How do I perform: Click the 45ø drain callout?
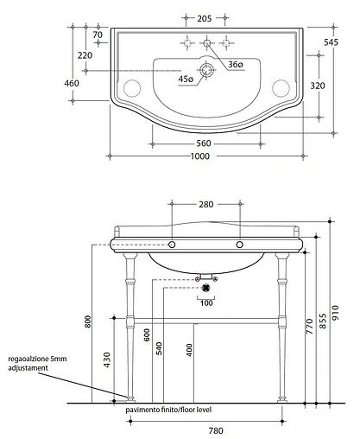point(186,79)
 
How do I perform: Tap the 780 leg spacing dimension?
point(204,429)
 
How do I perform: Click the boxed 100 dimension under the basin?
point(205,302)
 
